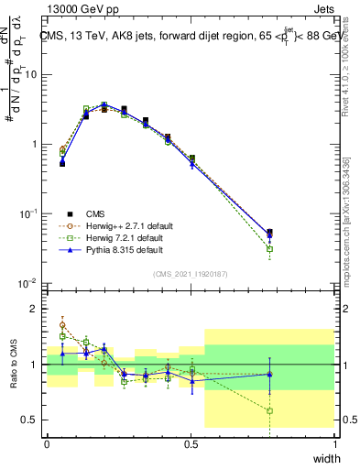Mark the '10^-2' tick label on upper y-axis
pos(27,282)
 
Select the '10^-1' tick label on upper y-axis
pos(27,213)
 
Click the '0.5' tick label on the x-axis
pos(191,443)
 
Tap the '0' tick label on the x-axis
pos(47,443)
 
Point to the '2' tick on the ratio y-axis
pos(34,309)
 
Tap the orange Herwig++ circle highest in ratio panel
pos(62,324)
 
